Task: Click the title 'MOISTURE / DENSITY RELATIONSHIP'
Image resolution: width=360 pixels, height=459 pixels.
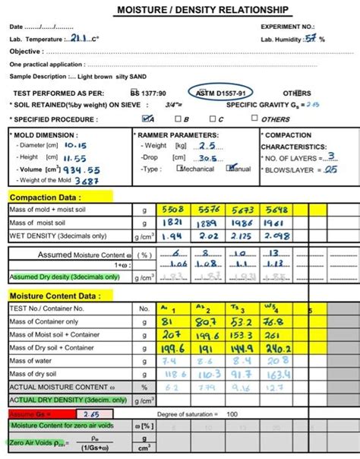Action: tap(202, 10)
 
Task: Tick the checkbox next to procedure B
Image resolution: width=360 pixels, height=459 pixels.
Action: tap(177, 119)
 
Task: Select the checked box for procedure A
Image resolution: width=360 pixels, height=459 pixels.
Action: tap(146, 119)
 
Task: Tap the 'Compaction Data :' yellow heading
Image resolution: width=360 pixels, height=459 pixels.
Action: tap(37, 197)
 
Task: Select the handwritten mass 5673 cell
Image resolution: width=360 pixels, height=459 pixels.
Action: tap(242, 210)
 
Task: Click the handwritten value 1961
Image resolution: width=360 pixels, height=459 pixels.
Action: tap(279, 223)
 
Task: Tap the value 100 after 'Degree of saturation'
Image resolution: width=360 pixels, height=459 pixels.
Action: tap(232, 413)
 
